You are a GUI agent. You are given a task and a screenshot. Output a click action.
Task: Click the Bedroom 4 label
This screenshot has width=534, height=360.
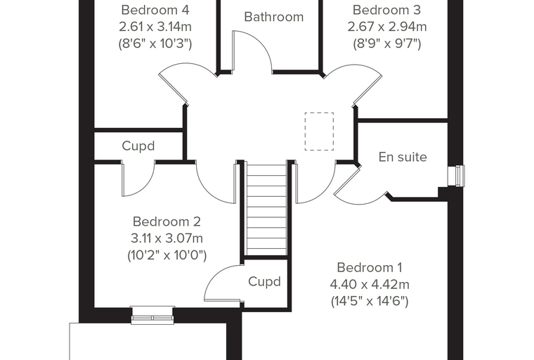click(x=155, y=10)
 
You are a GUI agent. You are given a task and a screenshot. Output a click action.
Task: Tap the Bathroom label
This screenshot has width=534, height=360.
click(x=274, y=17)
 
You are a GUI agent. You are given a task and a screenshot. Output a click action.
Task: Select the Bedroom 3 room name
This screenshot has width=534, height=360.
click(x=387, y=10)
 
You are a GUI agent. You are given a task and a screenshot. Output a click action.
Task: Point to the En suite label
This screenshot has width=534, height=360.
click(x=403, y=157)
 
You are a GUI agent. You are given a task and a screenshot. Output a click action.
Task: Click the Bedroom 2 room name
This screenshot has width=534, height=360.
click(x=167, y=221)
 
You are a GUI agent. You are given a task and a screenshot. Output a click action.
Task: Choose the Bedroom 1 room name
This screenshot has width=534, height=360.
click(x=370, y=268)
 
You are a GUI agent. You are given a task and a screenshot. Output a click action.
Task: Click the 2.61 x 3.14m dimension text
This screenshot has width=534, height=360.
click(x=155, y=27)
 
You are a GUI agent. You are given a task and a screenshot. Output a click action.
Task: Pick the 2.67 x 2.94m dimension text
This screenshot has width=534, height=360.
click(x=387, y=27)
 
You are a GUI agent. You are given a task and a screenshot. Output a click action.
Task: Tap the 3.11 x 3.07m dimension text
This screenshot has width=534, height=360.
click(x=167, y=238)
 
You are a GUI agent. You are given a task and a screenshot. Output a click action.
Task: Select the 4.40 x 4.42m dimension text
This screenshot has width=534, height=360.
click(x=370, y=284)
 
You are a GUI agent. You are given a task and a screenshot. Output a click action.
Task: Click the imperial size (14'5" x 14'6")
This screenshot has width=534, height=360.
click(x=370, y=301)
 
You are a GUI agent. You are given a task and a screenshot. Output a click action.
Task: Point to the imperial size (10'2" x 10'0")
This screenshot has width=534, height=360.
click(x=167, y=255)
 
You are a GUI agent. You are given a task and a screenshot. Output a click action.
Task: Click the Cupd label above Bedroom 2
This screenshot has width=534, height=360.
click(x=138, y=146)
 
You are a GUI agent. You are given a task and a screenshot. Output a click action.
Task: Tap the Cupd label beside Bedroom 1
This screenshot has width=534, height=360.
click(x=264, y=281)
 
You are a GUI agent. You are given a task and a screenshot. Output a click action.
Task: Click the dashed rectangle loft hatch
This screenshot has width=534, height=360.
click(x=319, y=131)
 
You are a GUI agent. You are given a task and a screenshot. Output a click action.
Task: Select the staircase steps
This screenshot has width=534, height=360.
click(x=266, y=210)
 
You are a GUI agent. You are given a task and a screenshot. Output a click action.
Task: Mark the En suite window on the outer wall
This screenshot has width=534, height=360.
click(x=456, y=176)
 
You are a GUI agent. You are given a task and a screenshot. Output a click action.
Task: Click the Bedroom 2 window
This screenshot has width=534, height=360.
click(x=152, y=315)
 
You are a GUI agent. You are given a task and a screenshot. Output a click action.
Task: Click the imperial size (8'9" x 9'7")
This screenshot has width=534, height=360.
click(x=387, y=44)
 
